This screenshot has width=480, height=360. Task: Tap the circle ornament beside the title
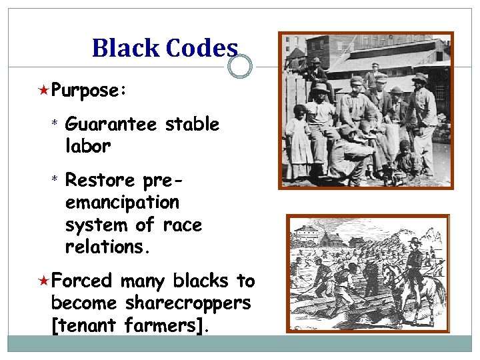[240, 67]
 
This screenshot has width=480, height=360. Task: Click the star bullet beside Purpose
[43, 89]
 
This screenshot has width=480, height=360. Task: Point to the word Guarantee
[111, 125]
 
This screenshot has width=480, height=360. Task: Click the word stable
[192, 125]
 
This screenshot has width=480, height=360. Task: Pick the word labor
[87, 145]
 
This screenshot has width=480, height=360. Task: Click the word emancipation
[122, 202]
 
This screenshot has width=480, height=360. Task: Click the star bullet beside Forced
[43, 281]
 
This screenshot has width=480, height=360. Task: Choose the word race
[182, 225]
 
